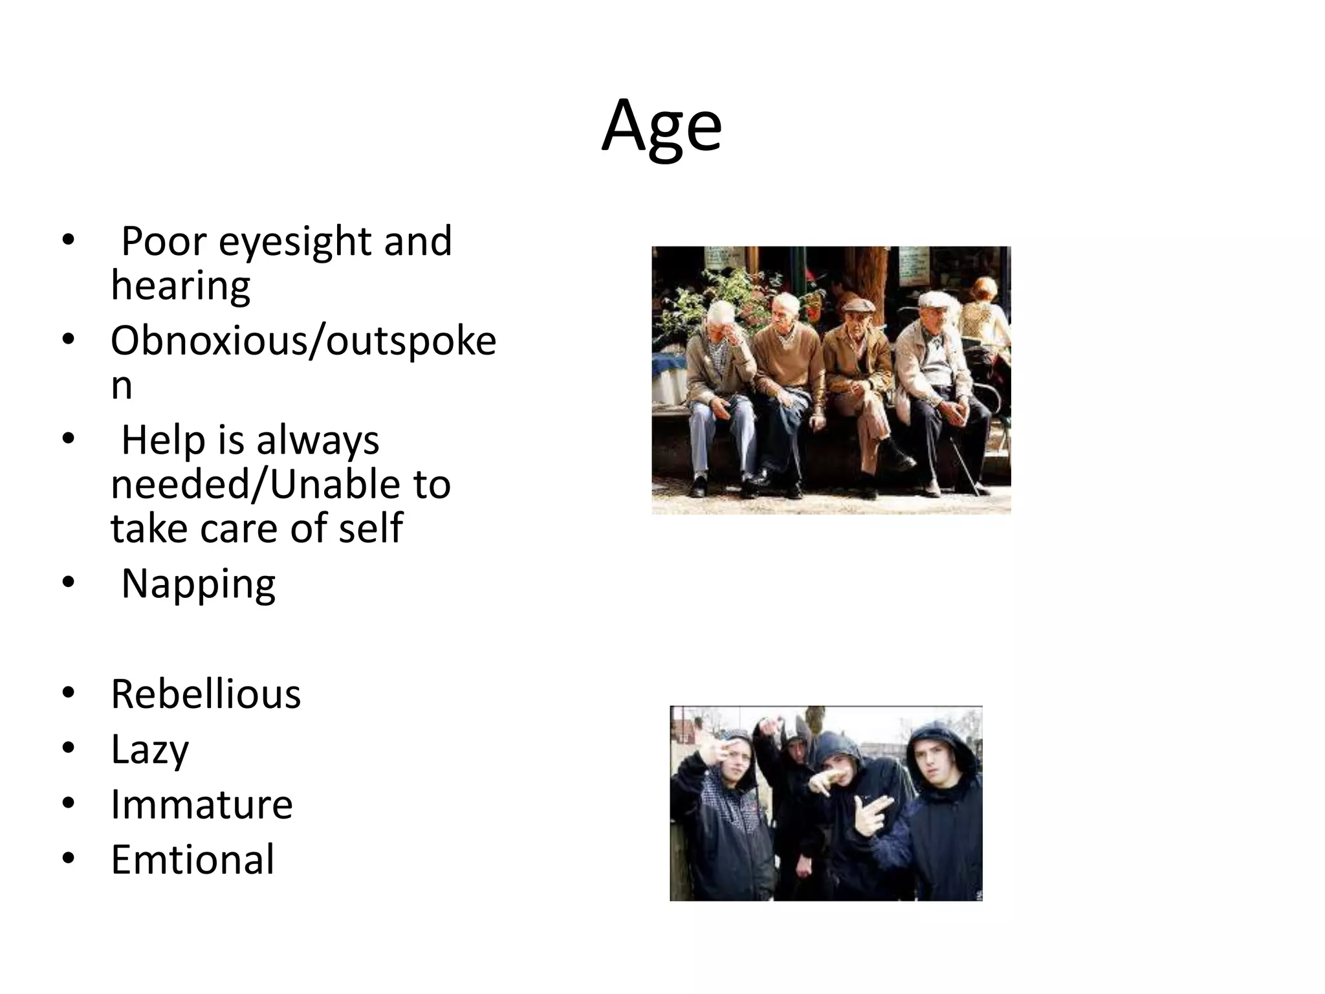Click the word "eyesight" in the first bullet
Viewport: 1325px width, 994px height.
point(294,241)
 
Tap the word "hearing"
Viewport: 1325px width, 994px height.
point(181,285)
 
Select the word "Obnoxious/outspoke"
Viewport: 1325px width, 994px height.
point(303,341)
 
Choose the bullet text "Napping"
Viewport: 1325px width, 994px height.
point(198,584)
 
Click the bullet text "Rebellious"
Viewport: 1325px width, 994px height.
point(206,694)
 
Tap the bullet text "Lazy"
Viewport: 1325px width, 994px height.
point(149,750)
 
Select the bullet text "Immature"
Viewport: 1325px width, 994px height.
point(201,805)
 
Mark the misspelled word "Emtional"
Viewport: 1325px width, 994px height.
point(193,860)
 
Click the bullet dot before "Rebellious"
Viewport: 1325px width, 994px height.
point(69,694)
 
